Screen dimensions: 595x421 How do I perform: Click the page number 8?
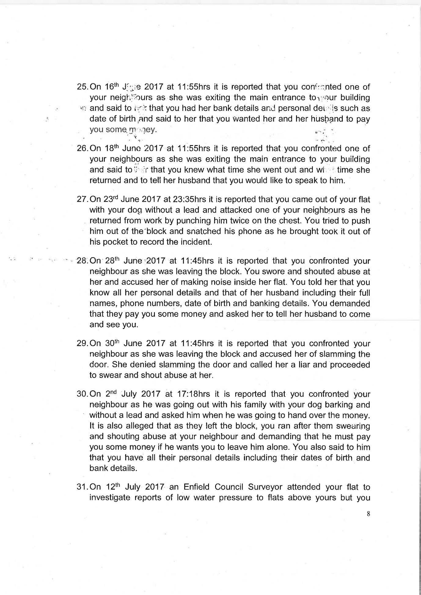(368, 514)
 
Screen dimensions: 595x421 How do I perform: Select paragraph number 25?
(82, 87)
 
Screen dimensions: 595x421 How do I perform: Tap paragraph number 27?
(82, 199)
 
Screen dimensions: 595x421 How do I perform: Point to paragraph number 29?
(82, 343)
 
